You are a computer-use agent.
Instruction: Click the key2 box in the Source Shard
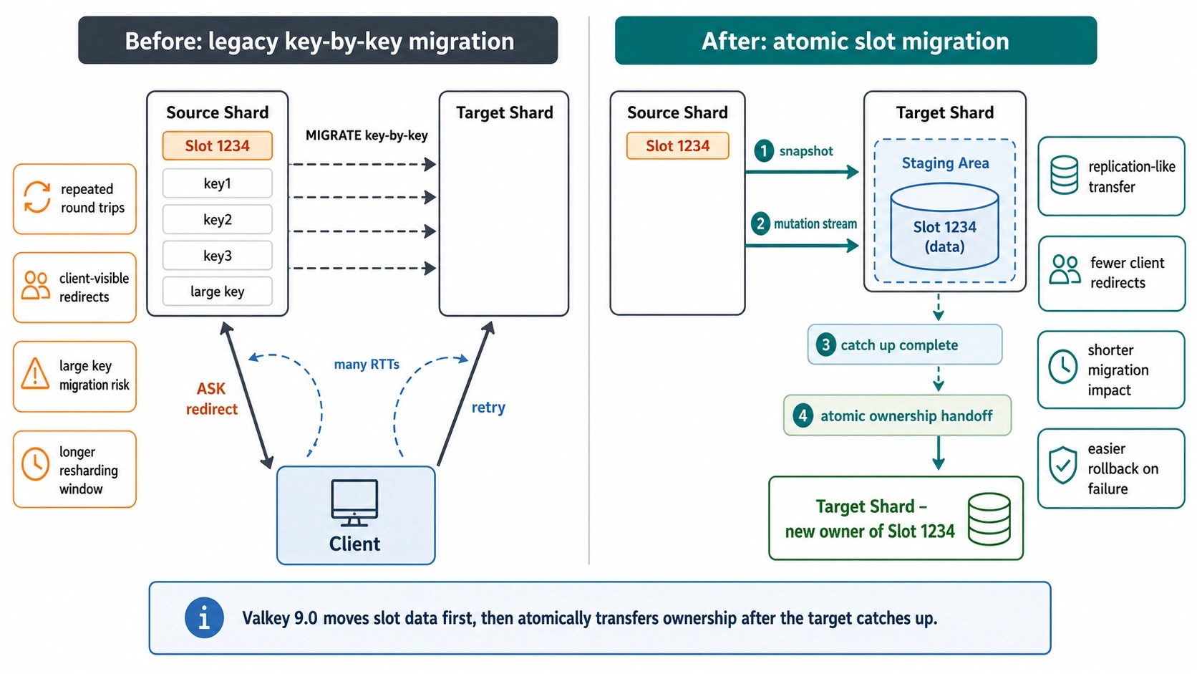point(218,219)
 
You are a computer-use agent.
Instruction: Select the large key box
point(218,292)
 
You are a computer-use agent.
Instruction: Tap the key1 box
point(218,183)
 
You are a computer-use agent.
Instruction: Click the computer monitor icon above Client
point(354,502)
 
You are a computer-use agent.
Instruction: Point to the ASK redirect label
point(212,399)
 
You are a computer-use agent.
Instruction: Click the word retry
point(488,408)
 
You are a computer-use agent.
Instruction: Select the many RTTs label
point(367,365)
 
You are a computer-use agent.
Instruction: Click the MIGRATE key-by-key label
point(367,136)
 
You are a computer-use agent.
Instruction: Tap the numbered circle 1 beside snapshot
point(764,150)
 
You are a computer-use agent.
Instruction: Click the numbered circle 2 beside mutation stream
point(760,223)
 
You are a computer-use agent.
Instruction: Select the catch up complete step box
point(905,345)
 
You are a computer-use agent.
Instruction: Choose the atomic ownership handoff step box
point(897,415)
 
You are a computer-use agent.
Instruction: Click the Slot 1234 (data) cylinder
point(945,226)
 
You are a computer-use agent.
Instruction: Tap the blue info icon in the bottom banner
point(204,618)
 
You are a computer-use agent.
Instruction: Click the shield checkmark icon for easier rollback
point(1063,465)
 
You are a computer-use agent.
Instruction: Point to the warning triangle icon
point(35,373)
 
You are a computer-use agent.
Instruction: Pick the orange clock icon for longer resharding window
point(35,464)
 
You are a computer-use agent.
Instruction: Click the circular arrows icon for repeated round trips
point(37,197)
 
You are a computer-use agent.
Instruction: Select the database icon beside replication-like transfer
point(1064,175)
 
